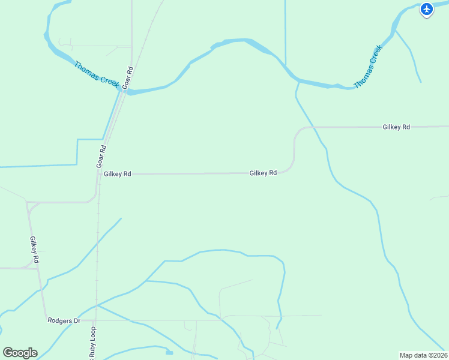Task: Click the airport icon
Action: pos(426,9)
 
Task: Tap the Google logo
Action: pos(20,353)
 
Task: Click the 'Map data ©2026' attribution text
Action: pos(423,355)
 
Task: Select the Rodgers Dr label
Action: pos(64,321)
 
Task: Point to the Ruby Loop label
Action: pos(92,347)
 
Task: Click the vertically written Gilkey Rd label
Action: pos(34,250)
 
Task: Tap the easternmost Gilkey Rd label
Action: pos(396,127)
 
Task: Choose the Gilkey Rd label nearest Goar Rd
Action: pos(117,174)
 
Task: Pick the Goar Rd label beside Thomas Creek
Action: pos(127,79)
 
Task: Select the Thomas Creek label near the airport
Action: pos(367,68)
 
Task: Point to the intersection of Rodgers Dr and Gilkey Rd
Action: pos(46,321)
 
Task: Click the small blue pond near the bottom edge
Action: pos(169,352)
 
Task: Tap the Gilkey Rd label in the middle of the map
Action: pos(263,173)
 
